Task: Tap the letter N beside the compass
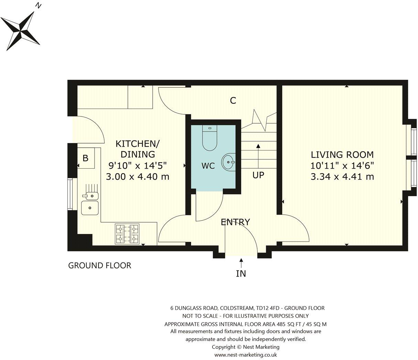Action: click(x=39, y=5)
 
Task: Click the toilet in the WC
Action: click(x=209, y=139)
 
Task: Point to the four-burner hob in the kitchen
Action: click(x=127, y=234)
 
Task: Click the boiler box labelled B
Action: click(x=86, y=158)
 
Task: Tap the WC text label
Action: click(x=208, y=166)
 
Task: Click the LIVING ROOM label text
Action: click(x=342, y=155)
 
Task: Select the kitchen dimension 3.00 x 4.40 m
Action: click(x=137, y=177)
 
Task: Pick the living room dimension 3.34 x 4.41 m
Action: click(x=342, y=177)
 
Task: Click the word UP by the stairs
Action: click(x=258, y=175)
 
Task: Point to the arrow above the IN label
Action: click(x=241, y=263)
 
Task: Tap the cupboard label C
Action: click(x=233, y=101)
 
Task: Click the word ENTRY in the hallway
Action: click(x=235, y=222)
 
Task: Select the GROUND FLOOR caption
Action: click(x=100, y=266)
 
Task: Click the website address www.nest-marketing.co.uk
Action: click(x=245, y=355)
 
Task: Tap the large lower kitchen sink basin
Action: click(x=90, y=208)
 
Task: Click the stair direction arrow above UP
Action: click(x=258, y=156)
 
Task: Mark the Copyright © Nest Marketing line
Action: click(x=245, y=347)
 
